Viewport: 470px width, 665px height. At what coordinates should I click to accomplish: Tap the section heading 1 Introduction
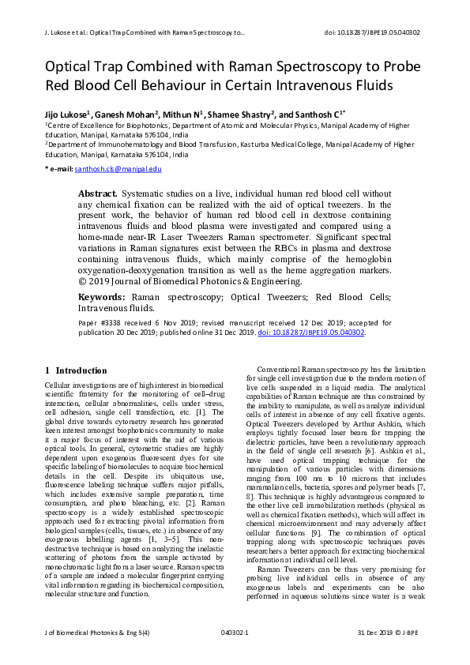76,370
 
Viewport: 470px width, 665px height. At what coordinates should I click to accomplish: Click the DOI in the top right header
373,32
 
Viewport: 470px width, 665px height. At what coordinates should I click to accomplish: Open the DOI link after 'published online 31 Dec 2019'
311,332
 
